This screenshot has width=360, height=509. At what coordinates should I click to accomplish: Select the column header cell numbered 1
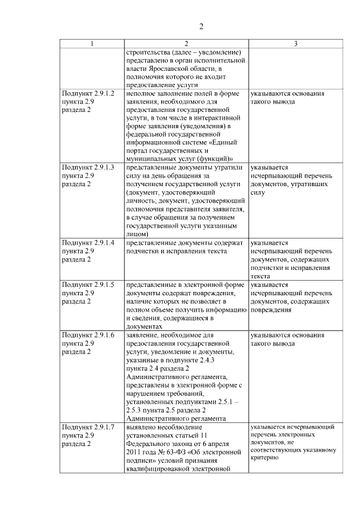92,44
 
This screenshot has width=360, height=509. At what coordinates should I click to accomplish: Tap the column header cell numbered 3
296,44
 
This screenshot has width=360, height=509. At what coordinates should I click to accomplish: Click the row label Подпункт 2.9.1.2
89,93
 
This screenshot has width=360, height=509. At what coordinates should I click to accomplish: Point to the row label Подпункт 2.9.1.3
89,168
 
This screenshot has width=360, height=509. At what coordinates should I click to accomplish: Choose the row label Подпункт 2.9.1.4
89,242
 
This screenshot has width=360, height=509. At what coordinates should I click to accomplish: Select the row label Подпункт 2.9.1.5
89,285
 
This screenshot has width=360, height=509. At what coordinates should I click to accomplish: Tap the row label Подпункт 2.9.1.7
89,427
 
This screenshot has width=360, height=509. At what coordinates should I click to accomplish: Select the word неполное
141,93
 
